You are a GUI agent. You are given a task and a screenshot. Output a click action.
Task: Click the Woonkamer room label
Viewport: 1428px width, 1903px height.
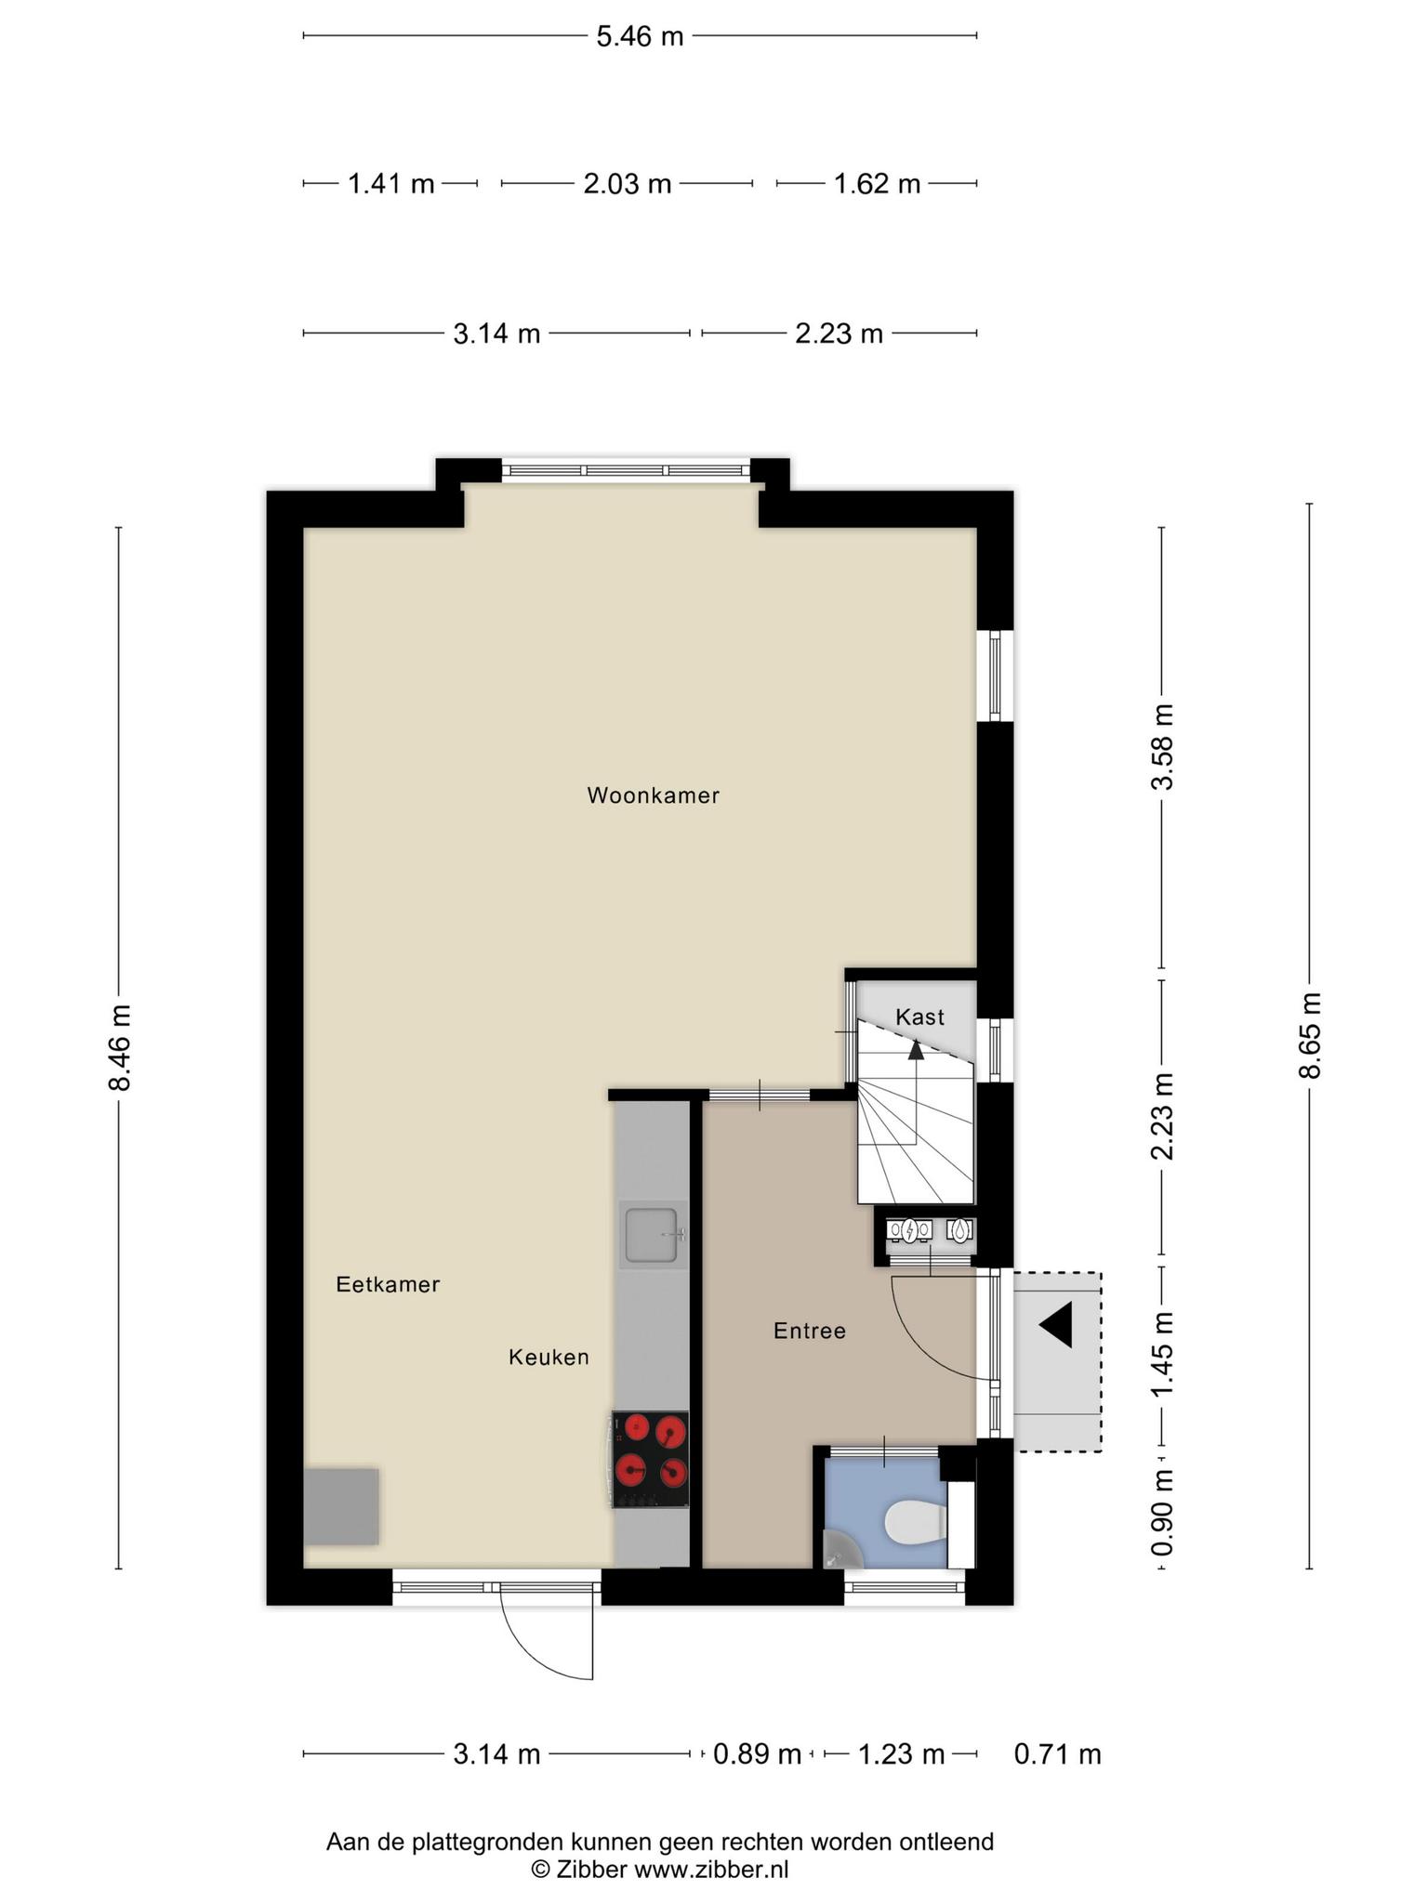[653, 795]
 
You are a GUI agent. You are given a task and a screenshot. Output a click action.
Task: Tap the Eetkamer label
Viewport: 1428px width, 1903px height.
[388, 1284]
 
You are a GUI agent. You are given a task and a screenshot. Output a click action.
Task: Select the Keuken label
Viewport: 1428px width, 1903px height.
[549, 1358]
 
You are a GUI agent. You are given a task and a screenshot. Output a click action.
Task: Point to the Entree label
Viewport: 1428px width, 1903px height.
[810, 1331]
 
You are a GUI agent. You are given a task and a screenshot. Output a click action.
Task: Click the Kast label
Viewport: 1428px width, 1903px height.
[919, 1017]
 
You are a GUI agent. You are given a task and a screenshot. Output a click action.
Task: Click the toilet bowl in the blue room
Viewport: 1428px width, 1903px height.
[915, 1523]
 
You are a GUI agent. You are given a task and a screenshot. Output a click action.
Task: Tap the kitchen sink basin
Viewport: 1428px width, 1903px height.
[651, 1235]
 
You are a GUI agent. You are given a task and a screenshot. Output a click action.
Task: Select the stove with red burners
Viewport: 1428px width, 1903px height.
[650, 1460]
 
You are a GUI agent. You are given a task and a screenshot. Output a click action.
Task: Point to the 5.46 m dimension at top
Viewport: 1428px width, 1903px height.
[640, 36]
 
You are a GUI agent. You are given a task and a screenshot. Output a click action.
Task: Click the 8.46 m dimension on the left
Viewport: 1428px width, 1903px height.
[119, 1047]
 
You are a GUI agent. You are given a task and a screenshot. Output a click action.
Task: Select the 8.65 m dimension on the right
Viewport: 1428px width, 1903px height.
[1310, 1035]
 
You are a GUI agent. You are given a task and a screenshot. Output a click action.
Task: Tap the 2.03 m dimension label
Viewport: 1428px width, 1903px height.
[628, 184]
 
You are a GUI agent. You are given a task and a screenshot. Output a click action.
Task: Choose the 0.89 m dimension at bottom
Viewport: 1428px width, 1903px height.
[757, 1754]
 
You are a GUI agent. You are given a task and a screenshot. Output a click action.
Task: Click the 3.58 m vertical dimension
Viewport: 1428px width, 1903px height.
[1162, 747]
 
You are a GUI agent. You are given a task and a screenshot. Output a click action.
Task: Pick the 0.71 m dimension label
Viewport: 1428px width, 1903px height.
[1058, 1754]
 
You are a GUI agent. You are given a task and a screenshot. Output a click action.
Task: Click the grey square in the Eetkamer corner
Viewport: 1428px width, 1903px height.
[341, 1506]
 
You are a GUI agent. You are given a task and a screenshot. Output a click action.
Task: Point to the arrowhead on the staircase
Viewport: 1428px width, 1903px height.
[916, 1049]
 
